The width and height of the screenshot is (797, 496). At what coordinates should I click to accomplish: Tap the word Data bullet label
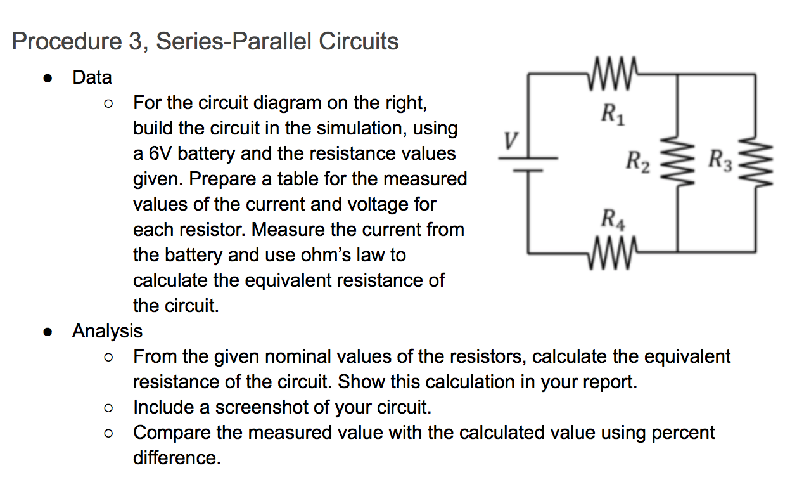pyautogui.click(x=92, y=77)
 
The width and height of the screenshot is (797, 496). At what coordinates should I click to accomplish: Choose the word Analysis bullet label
pyautogui.click(x=108, y=331)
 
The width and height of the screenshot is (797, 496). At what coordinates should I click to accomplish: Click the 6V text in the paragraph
pyautogui.click(x=160, y=153)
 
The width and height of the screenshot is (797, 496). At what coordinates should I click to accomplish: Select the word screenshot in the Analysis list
pyautogui.click(x=268, y=407)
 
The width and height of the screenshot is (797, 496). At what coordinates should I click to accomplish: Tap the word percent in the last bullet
pyautogui.click(x=678, y=433)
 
